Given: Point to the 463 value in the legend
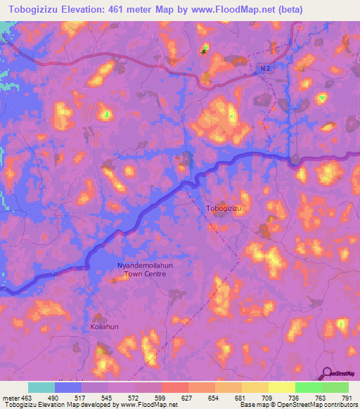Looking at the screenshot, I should [x=27, y=398].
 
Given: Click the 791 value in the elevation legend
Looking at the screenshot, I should [x=347, y=398].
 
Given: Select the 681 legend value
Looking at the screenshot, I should [x=240, y=398].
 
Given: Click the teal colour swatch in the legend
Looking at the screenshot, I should [x=41, y=387].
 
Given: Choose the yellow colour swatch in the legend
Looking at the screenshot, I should [x=281, y=387].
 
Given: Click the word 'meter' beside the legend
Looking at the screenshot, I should [x=10, y=398].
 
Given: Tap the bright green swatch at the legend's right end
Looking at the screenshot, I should [x=335, y=387].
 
